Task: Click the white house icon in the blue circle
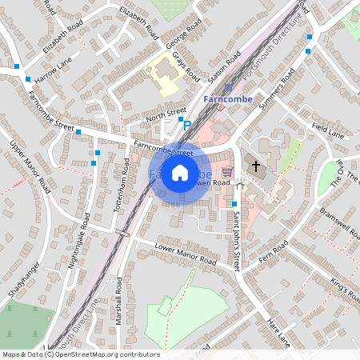[x=180, y=172]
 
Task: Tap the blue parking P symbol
[x=188, y=125]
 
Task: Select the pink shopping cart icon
[x=227, y=171]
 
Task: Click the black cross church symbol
[x=256, y=166]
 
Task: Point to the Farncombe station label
[x=228, y=99]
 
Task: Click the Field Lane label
[x=328, y=129]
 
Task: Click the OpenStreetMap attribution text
[x=80, y=354]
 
